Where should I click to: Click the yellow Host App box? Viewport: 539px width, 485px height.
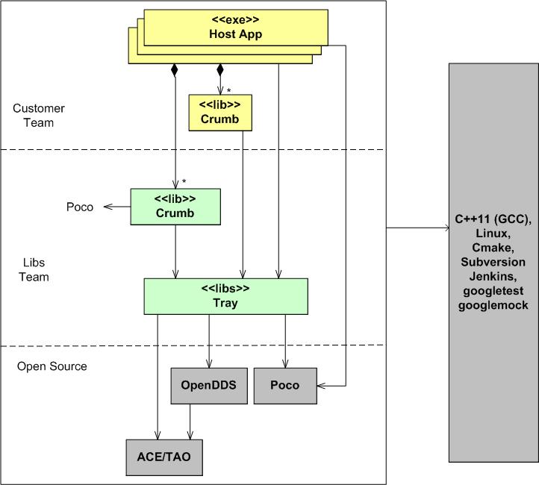click(x=235, y=28)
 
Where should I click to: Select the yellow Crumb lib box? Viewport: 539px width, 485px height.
click(x=219, y=113)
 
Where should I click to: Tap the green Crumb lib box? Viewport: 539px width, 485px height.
click(x=175, y=206)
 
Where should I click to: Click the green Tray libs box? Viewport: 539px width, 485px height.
click(x=225, y=296)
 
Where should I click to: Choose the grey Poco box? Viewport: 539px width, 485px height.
click(x=284, y=386)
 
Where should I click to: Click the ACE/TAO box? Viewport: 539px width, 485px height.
click(x=163, y=457)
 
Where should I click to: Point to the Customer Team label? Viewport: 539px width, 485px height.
click(x=39, y=116)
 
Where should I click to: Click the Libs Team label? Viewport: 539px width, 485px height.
click(x=34, y=270)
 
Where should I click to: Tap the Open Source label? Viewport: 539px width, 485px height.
click(x=52, y=366)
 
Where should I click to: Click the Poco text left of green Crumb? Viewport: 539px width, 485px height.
click(x=80, y=207)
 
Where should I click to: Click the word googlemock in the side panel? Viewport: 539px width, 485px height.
click(x=493, y=305)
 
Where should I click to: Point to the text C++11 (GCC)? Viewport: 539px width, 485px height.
click(x=493, y=220)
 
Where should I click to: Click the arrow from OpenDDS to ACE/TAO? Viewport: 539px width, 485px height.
click(x=191, y=422)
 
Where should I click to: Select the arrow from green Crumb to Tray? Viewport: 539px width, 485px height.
click(x=175, y=251)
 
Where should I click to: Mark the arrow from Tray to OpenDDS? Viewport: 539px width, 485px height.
click(x=208, y=339)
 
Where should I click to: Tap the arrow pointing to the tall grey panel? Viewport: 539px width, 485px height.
click(x=418, y=228)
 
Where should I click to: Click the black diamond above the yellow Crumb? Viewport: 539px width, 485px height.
click(x=219, y=69)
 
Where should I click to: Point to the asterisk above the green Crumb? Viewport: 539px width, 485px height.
click(x=184, y=181)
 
